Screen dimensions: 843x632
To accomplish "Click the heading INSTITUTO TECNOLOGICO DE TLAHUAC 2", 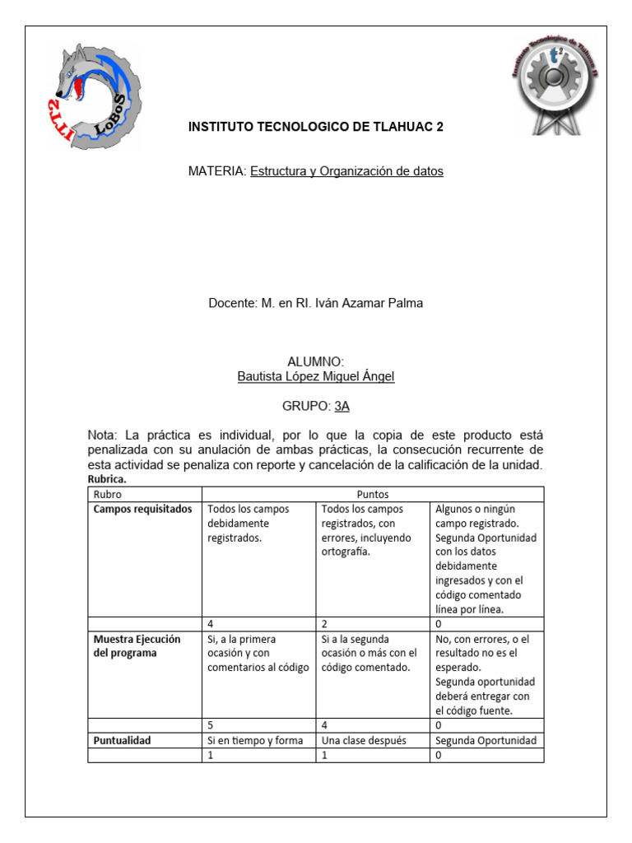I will click(x=315, y=127).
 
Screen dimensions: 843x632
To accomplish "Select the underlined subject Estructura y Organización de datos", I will click(x=346, y=171).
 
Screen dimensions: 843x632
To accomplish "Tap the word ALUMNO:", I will click(x=315, y=362).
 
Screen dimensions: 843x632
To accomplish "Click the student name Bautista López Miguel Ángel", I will click(x=315, y=377).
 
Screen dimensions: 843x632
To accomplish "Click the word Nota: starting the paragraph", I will click(x=105, y=435).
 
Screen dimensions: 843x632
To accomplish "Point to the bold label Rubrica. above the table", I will click(x=107, y=479).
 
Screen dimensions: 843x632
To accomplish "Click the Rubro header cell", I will click(x=108, y=494).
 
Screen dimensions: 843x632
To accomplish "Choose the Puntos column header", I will click(x=373, y=494).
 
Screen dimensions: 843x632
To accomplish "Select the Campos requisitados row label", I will click(x=143, y=509).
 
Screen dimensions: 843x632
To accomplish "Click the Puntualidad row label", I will click(x=123, y=740).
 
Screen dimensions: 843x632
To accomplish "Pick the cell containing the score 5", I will click(x=258, y=725).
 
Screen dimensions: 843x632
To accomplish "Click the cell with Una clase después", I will click(x=372, y=740).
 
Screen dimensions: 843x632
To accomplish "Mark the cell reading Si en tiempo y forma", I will click(x=258, y=740).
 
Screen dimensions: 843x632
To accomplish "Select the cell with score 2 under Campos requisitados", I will click(x=372, y=624).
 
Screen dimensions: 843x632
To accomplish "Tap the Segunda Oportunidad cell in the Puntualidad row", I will click(x=486, y=740).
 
